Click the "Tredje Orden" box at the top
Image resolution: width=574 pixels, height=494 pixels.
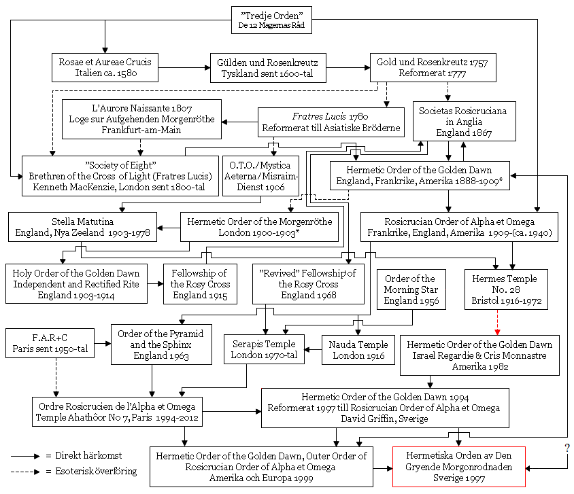pos(271,20)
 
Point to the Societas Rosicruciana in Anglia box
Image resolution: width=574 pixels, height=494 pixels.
pos(454,120)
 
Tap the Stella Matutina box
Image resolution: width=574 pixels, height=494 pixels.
pos(83,228)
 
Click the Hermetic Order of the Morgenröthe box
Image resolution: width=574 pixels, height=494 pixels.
pos(259,228)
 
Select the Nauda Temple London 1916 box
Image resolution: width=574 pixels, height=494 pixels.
pos(358,350)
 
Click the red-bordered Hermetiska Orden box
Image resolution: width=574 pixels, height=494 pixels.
pos(458,467)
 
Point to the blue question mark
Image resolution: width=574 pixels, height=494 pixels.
pos(567,448)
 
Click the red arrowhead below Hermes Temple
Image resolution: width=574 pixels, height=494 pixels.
pos(497,332)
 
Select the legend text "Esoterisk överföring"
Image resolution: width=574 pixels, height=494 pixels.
pos(91,471)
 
